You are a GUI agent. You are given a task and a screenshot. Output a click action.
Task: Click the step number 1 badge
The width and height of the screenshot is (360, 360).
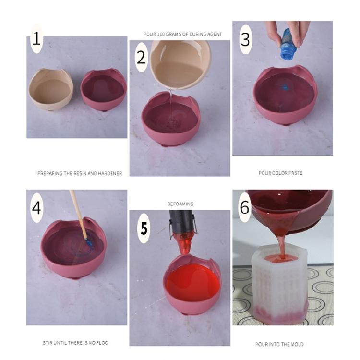click(x=36, y=38)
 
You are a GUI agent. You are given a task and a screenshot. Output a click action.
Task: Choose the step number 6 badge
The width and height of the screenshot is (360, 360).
click(x=245, y=207)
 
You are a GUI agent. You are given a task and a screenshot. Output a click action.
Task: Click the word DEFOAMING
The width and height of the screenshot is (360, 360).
click(x=180, y=204)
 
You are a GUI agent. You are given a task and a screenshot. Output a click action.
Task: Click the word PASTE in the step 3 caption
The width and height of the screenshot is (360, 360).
click(x=293, y=173)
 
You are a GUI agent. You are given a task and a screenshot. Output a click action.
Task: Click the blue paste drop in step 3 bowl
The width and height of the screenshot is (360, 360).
click(x=285, y=88)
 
